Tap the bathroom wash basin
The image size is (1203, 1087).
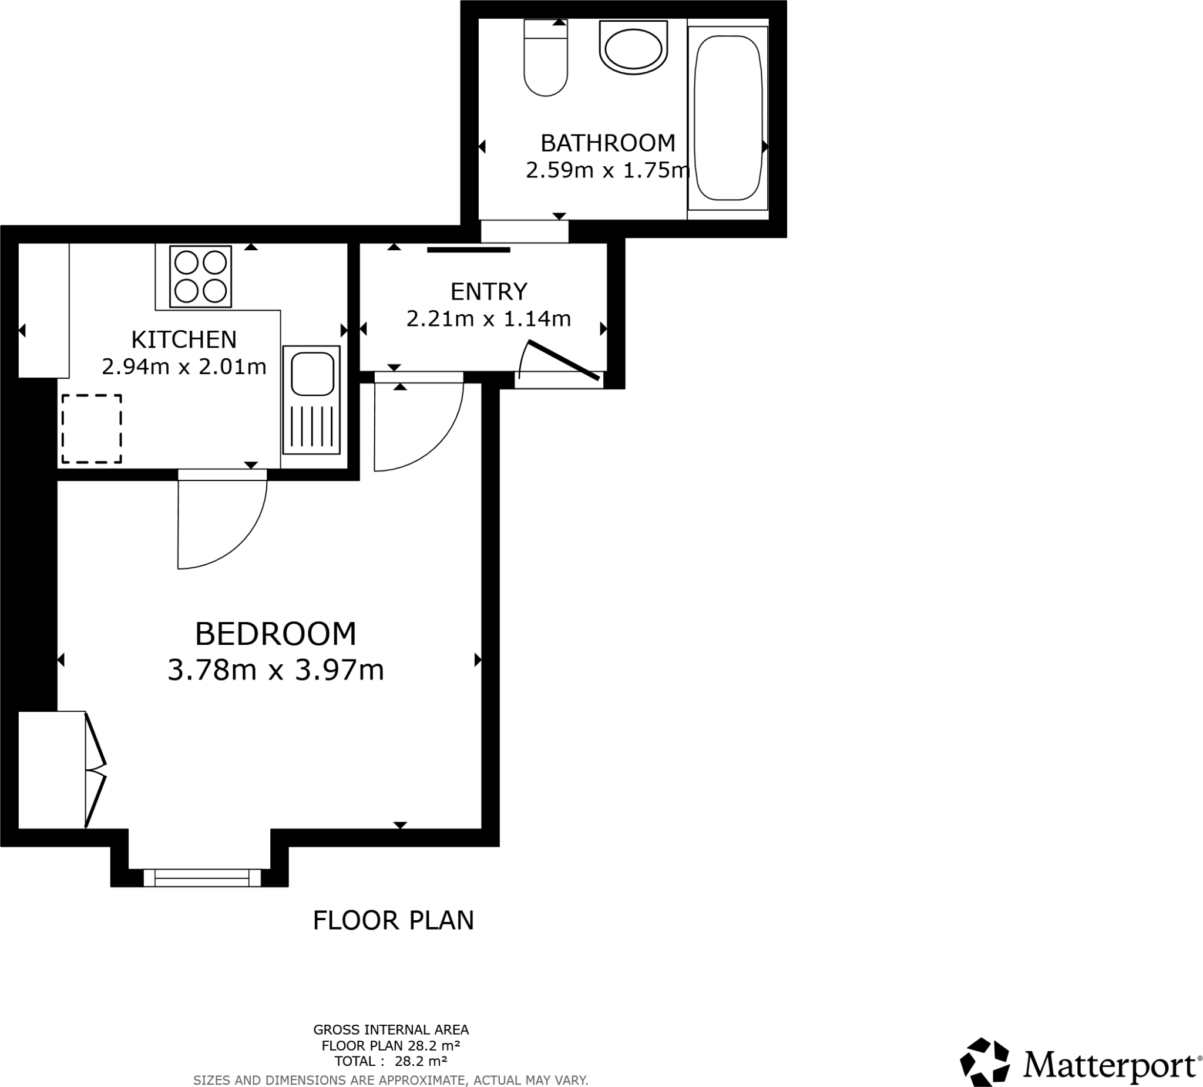pos(633,48)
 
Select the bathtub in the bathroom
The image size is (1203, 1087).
pos(728,117)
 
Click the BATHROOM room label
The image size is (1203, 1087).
pos(607,143)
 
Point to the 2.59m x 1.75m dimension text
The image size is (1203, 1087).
pos(607,171)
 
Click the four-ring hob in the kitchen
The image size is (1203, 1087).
pos(200,277)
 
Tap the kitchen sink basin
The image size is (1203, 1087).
pos(311,373)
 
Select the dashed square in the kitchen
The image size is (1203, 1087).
pos(92,428)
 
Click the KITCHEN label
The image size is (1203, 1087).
pos(184,339)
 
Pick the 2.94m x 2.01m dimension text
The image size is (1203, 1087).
pos(184,366)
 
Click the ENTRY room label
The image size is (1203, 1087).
pos(489,292)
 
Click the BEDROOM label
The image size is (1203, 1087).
pos(275,634)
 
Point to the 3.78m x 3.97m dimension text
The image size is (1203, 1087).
pos(275,670)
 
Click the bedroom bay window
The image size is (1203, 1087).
pos(201,877)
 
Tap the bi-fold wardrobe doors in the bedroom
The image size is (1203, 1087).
pos(96,770)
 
